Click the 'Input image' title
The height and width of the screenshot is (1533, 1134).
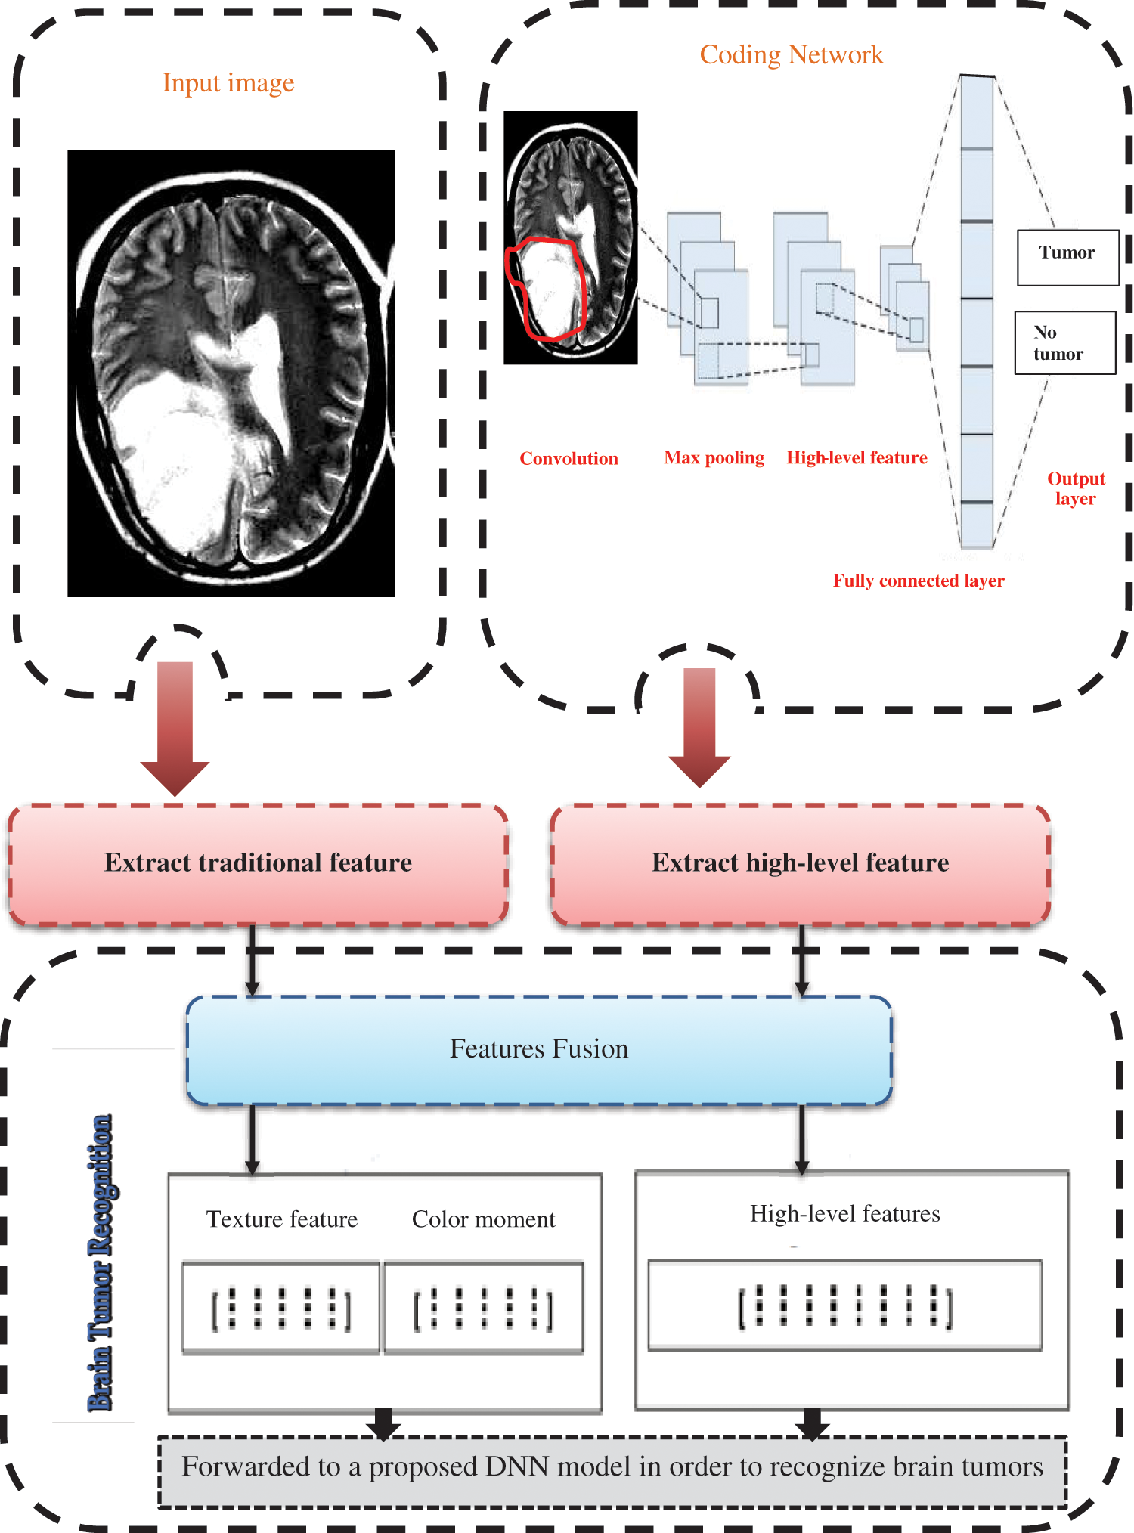[228, 82]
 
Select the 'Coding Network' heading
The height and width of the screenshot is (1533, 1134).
[791, 54]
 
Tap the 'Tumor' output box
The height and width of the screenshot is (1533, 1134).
[1067, 257]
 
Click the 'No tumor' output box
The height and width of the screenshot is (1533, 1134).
[1064, 342]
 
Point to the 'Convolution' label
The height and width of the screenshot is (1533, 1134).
[569, 458]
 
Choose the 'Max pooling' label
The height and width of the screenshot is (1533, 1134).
[714, 457]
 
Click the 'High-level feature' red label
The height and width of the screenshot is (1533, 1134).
[857, 457]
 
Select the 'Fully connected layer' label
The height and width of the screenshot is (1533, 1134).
[918, 581]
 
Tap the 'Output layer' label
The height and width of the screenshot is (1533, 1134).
[1075, 488]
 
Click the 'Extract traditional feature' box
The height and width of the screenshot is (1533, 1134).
[258, 863]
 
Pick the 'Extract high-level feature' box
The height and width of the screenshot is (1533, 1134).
[800, 863]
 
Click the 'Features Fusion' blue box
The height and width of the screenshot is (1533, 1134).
[538, 1049]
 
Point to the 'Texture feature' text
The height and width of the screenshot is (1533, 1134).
[282, 1219]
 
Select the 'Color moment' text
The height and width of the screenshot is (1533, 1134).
[483, 1219]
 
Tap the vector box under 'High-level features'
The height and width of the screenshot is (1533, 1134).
[844, 1305]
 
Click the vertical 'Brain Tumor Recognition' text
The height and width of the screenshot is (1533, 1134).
[101, 1262]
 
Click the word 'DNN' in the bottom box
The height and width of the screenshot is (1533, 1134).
[516, 1466]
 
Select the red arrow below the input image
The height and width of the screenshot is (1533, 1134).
[175, 726]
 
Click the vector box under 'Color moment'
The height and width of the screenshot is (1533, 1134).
[483, 1308]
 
